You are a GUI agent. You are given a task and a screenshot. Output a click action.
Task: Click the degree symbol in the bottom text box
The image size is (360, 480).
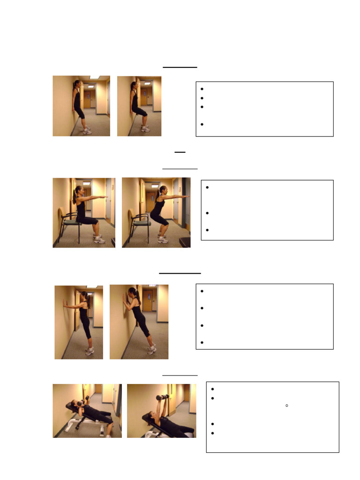point(286,405)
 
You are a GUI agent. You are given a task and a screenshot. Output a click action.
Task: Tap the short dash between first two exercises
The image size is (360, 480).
point(180,152)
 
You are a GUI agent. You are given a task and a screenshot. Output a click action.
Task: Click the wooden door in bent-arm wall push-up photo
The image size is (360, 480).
point(148,300)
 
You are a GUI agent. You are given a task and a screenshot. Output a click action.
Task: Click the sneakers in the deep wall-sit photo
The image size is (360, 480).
point(145,129)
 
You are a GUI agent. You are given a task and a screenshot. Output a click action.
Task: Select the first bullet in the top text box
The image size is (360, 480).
point(202,89)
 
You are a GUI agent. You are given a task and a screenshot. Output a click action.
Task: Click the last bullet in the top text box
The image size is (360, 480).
point(202,125)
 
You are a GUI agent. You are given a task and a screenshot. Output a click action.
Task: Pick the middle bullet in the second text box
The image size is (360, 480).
point(207,213)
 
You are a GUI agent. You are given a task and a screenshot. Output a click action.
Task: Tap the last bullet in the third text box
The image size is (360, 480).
point(202,343)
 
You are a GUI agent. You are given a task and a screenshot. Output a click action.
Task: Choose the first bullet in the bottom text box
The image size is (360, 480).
point(212,389)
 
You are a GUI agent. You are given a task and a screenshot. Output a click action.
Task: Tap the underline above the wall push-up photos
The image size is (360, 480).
point(180,272)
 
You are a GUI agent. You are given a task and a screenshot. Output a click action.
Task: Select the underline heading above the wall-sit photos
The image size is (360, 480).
point(180,67)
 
